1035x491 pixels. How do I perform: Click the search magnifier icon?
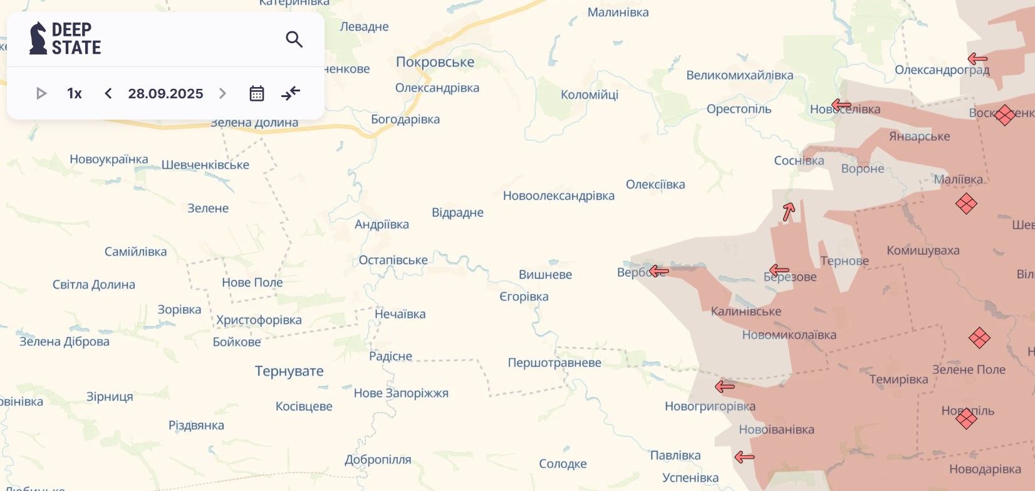coord(294,39)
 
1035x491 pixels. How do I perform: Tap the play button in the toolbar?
coord(41,93)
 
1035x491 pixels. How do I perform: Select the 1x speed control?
coord(74,93)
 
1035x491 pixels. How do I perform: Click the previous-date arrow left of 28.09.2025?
coord(108,93)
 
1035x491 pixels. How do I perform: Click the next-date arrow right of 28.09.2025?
coord(222,93)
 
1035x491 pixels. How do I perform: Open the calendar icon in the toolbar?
coord(257,93)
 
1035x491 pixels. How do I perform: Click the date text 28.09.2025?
coord(165,93)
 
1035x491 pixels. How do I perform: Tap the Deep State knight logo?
coord(38,38)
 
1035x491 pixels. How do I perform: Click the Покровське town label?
coord(435,62)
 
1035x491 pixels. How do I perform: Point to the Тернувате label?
coord(289,371)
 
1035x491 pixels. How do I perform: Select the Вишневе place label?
coord(545,274)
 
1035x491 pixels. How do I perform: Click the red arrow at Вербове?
coord(658,271)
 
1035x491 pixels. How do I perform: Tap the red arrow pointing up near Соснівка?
coord(789,212)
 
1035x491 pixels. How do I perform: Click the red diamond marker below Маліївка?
coord(966,204)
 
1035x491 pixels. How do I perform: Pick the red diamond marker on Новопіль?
coord(967,418)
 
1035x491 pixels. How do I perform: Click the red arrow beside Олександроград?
coord(977,59)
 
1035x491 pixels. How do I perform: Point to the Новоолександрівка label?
coord(558,195)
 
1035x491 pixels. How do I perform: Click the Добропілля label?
coord(378,459)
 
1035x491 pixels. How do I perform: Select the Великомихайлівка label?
coord(739,75)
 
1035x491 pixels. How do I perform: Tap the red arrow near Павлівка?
coord(744,457)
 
